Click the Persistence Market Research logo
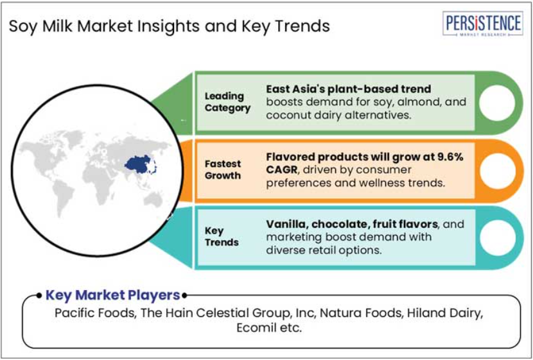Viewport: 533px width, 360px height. click(482, 23)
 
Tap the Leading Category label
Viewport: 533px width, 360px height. click(227, 102)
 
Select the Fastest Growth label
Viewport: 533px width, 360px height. click(223, 169)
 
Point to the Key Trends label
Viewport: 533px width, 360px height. click(222, 236)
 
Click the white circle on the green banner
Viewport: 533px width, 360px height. click(497, 103)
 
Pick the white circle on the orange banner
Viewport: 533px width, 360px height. click(497, 171)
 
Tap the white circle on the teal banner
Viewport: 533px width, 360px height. click(497, 237)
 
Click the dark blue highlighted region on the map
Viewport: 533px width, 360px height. click(139, 165)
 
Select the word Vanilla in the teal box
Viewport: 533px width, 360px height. click(286, 224)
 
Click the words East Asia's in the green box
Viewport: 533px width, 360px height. click(295, 89)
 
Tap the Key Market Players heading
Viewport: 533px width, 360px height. click(112, 295)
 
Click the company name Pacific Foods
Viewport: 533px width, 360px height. click(95, 313)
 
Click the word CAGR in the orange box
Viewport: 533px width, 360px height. click(281, 170)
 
